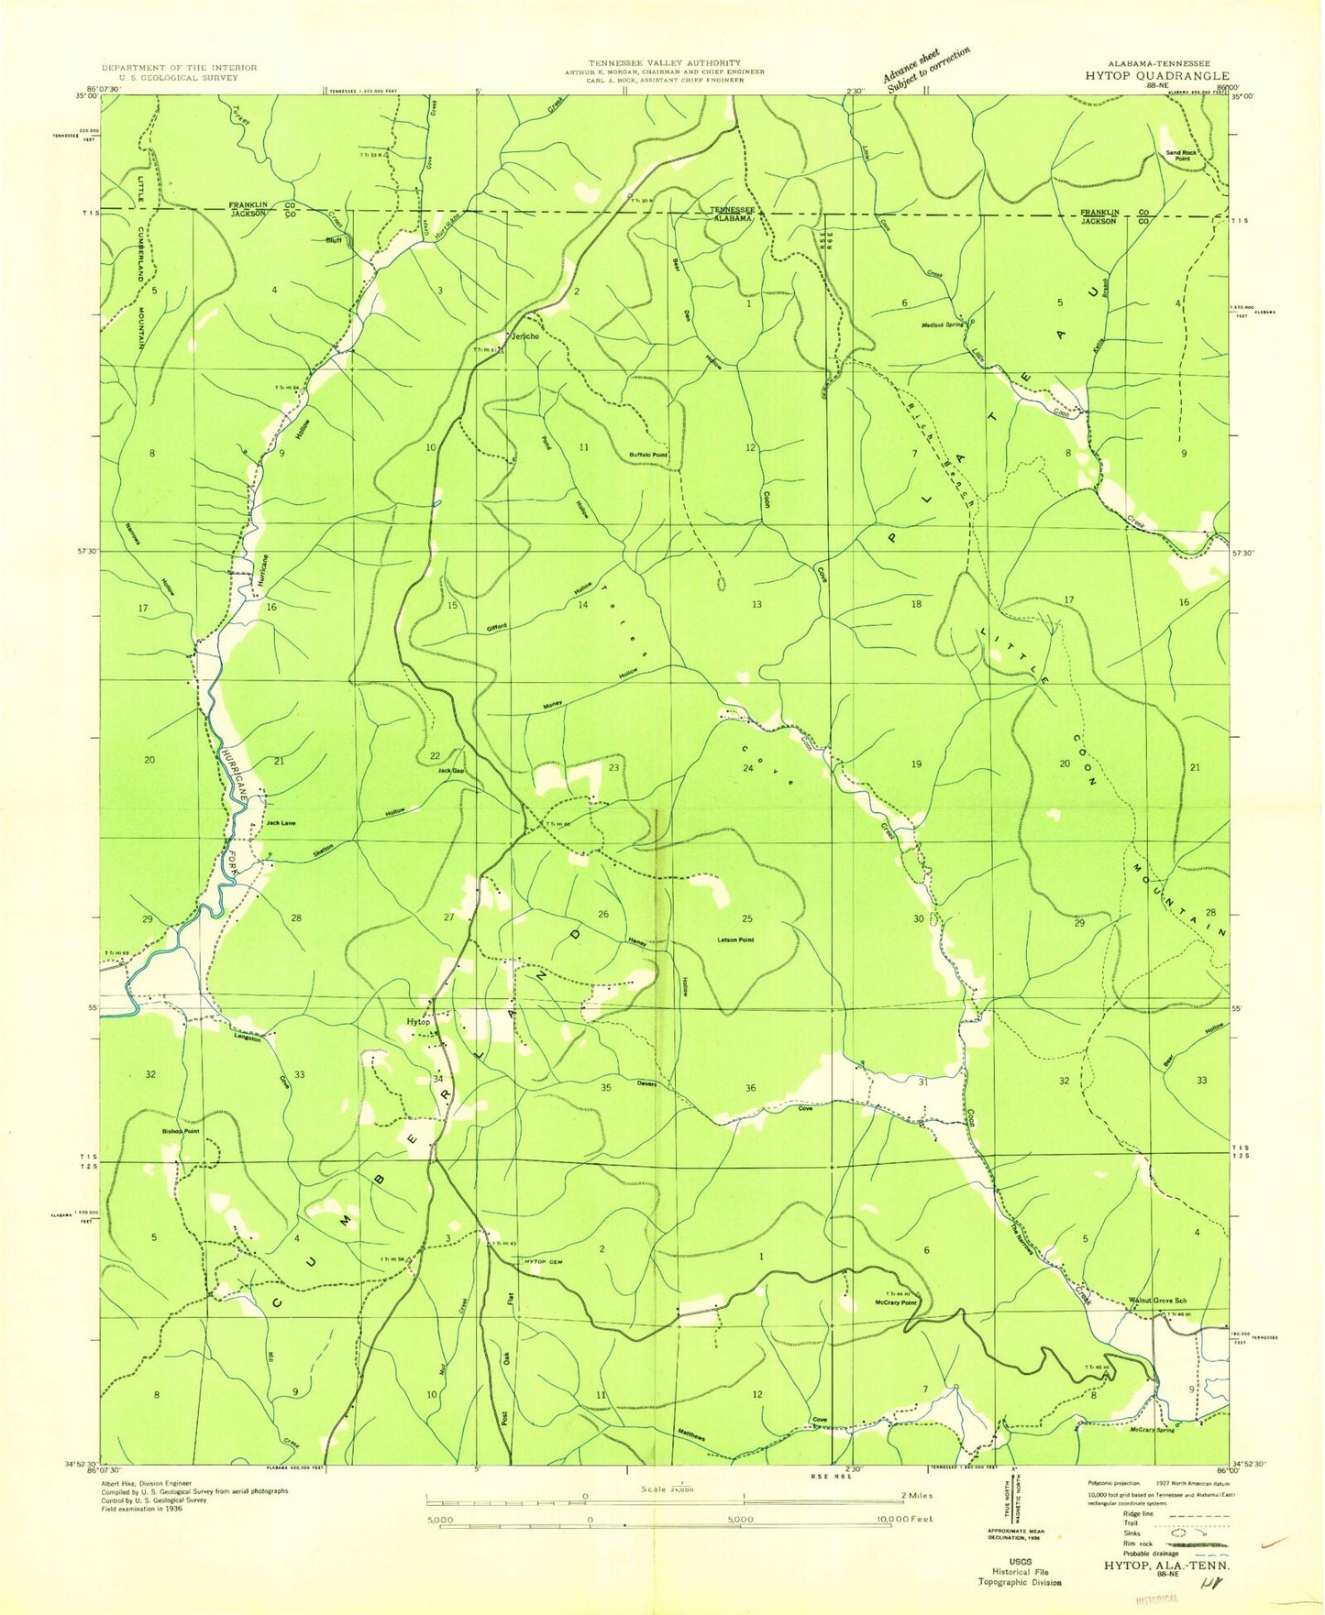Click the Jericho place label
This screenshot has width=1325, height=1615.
click(524, 336)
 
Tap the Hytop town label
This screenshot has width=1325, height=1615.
click(418, 1021)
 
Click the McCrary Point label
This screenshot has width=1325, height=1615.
click(896, 1302)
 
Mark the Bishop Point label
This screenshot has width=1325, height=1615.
click(181, 1131)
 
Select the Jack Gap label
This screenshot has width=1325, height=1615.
click(449, 771)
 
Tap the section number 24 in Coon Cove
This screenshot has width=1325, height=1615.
click(747, 768)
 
